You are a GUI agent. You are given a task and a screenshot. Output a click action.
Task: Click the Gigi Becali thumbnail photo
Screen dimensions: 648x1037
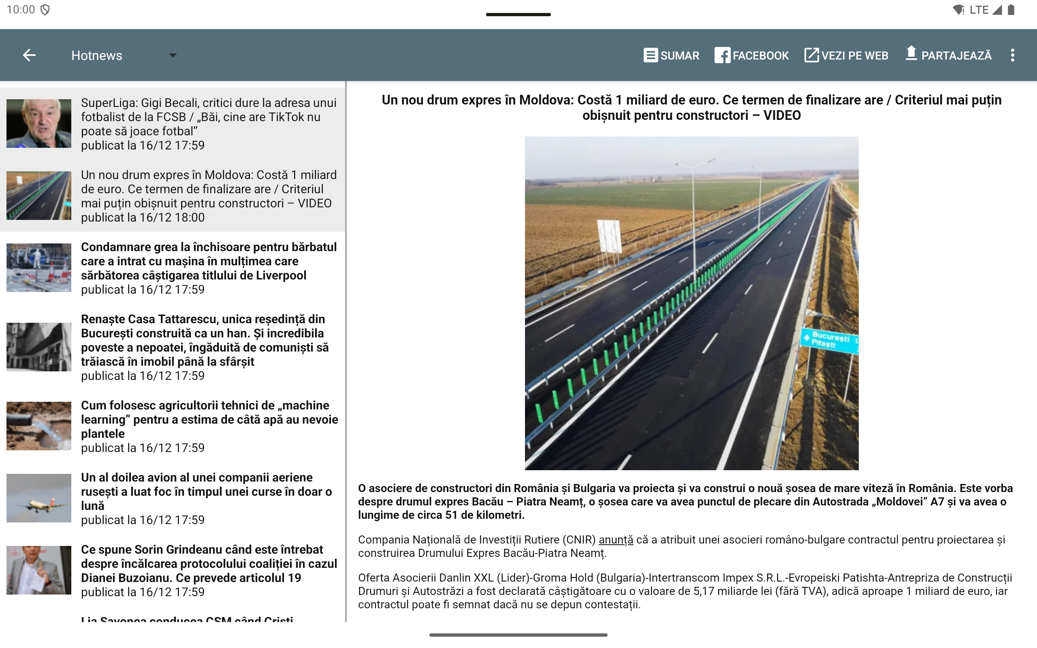38,124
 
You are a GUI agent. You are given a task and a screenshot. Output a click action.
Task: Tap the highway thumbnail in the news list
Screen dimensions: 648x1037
38,196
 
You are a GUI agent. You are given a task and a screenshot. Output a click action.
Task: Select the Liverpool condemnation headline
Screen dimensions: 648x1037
209,261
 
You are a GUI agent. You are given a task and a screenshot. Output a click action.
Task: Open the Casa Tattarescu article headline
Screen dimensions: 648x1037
205,340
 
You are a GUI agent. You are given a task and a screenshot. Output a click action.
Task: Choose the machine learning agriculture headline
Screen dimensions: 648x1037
209,419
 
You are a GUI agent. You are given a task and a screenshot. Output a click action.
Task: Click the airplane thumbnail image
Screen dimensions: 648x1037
38,498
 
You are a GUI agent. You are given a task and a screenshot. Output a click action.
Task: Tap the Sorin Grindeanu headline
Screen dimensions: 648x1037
209,564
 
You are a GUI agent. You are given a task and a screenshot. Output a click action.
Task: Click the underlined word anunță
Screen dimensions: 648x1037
616,539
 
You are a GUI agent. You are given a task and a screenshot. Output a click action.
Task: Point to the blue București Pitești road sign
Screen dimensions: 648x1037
830,340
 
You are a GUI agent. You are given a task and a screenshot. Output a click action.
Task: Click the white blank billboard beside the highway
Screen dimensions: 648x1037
609,236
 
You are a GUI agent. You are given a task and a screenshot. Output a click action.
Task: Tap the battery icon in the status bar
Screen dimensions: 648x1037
1011,10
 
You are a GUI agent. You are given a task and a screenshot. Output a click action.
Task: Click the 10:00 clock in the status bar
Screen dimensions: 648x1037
21,10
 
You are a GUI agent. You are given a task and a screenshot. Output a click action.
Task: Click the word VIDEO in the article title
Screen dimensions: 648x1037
782,115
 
